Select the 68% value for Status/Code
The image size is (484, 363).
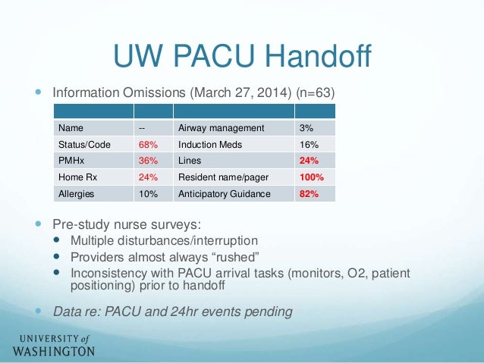coord(148,144)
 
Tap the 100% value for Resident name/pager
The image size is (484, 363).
coord(311,177)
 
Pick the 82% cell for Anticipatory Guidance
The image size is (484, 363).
coord(308,194)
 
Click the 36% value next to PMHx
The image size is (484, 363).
coord(148,161)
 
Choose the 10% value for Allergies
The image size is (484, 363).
coord(148,194)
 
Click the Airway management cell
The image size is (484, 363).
coord(221,127)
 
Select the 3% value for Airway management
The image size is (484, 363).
coord(305,127)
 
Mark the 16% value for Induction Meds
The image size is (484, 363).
coord(307,144)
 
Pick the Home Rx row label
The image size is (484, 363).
coord(74,177)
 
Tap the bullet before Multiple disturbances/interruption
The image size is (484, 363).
coord(58,241)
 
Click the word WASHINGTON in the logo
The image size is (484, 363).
coord(53,351)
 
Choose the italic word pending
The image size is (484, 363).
coord(270,311)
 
